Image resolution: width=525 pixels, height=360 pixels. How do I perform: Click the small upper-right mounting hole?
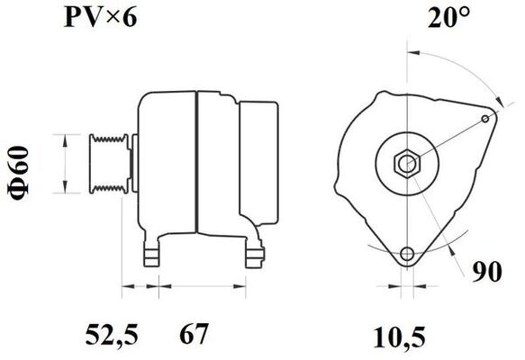coord(486,118)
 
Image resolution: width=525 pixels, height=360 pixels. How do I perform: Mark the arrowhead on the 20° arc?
coord(494,99)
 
